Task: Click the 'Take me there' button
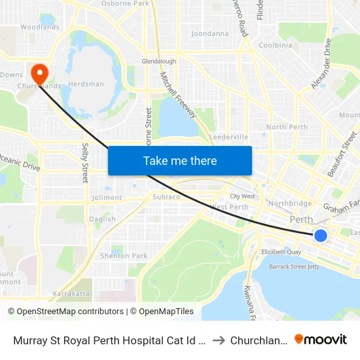tap(180, 160)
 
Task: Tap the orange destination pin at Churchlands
tap(39, 73)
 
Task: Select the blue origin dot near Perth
tap(320, 235)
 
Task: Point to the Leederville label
tap(228, 137)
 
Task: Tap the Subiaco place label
tap(157, 196)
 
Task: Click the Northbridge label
tap(289, 203)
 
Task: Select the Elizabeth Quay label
tap(281, 251)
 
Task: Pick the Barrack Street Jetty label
tap(299, 267)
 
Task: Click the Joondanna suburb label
tap(209, 33)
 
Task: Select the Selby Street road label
tap(85, 163)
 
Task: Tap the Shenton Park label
tap(124, 256)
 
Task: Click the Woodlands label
tap(39, 27)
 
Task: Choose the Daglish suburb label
tap(103, 219)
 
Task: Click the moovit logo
tap(321, 339)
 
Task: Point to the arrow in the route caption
tap(219, 340)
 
